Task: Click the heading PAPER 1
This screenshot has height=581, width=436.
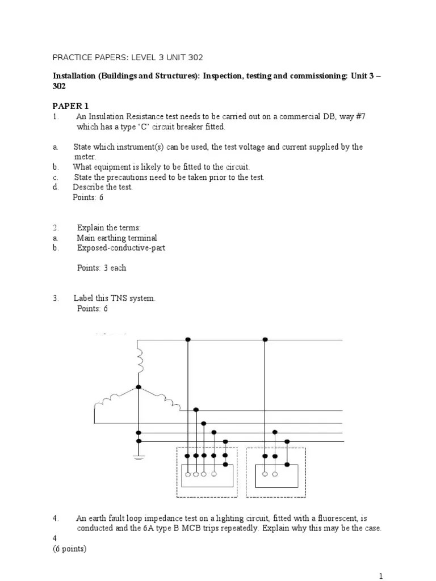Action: (70, 106)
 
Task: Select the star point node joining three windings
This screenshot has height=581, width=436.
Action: (139, 388)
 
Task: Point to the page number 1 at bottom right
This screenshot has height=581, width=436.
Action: (381, 576)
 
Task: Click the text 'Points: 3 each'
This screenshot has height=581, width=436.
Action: (102, 268)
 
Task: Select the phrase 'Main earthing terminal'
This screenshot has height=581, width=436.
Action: (117, 238)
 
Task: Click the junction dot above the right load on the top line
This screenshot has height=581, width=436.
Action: (265, 339)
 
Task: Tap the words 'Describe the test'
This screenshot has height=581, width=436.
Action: (103, 187)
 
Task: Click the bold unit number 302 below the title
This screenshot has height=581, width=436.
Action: (60, 86)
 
